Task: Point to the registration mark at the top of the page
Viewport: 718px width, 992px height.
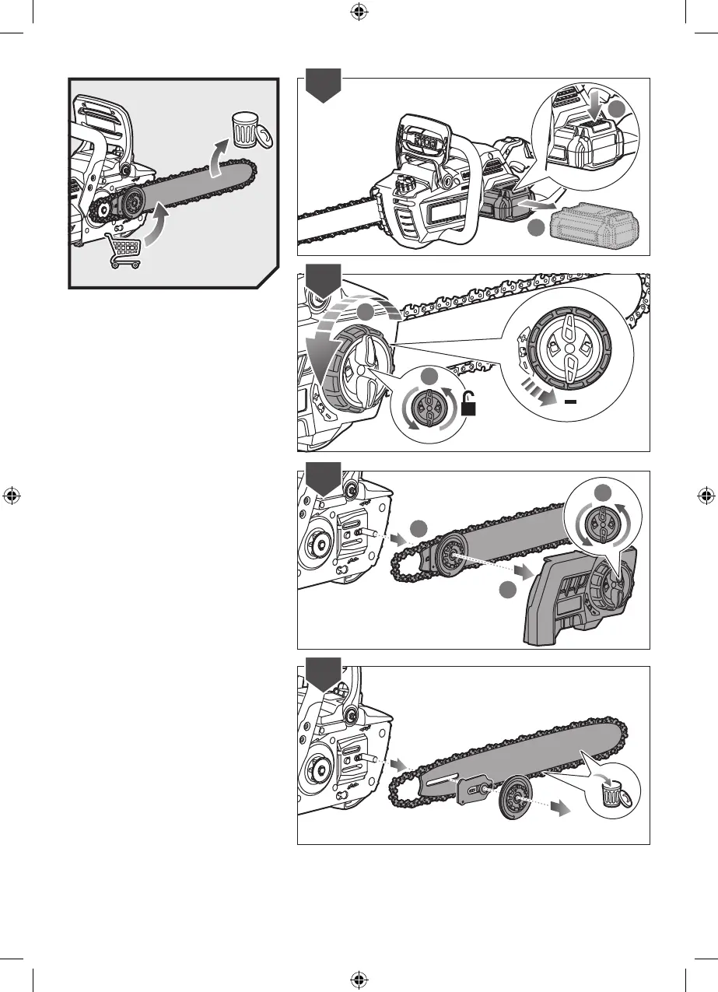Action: pos(359,12)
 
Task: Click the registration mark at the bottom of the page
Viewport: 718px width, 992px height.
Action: pos(359,980)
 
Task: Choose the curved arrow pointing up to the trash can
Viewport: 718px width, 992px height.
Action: pos(221,159)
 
